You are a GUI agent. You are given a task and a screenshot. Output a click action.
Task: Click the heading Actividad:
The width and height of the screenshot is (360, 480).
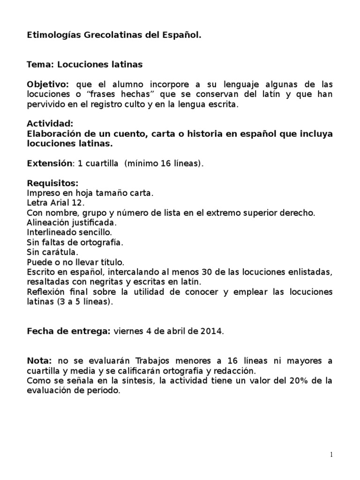(x=50, y=124)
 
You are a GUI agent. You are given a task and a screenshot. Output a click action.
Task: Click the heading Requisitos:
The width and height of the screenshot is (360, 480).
(x=52, y=183)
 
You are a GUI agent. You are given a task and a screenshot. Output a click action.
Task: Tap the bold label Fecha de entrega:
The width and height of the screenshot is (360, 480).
(x=68, y=331)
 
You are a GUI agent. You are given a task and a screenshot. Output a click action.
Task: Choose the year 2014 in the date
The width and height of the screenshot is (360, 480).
(x=213, y=331)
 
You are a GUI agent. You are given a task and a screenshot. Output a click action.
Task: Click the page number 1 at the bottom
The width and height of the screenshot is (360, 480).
(x=331, y=455)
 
